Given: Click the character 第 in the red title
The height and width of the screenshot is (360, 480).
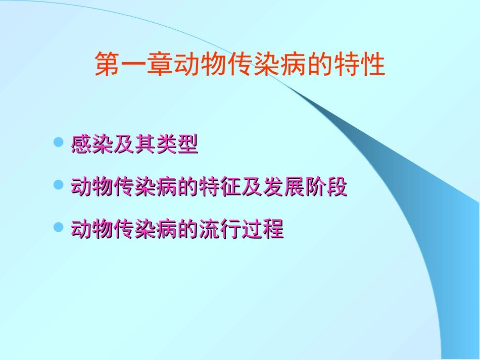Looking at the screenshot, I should tap(108, 65).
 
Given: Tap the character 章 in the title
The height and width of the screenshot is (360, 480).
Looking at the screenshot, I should tap(160, 65).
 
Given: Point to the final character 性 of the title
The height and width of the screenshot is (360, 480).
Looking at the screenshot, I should tap(373, 65).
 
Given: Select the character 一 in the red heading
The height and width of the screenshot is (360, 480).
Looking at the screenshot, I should tap(134, 65).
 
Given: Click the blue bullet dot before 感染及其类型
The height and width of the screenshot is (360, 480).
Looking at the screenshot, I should tap(59, 143).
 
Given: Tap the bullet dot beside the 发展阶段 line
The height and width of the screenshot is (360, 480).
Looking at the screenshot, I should tap(59, 185).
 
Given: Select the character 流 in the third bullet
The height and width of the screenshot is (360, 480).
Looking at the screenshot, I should tap(209, 230).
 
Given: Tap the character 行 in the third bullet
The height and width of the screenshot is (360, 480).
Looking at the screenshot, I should tap(230, 230).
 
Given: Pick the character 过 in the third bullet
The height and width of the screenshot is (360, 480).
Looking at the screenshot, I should tap(251, 230).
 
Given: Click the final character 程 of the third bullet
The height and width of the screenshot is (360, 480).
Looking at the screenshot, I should tap(272, 230).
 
